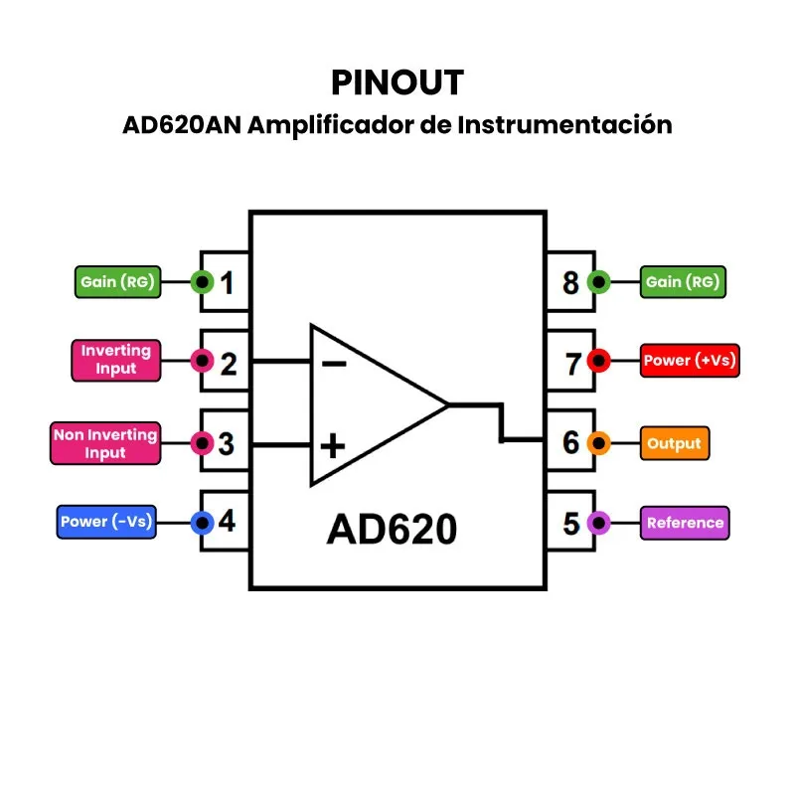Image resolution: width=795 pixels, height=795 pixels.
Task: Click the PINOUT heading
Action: point(397,82)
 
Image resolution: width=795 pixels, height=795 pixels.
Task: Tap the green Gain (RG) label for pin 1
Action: point(117,282)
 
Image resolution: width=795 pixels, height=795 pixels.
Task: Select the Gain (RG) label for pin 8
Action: point(683,282)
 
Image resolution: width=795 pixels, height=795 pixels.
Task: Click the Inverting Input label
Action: point(115,360)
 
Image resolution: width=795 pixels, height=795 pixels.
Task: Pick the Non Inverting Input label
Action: point(104,443)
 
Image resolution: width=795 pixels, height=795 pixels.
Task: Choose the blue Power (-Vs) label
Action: point(106,522)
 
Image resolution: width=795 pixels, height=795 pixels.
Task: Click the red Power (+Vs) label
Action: point(690,361)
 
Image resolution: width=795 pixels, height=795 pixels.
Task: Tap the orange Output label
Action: point(675,443)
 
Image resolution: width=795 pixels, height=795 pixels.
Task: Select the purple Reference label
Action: point(686,523)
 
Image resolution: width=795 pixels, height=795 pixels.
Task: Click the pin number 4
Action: point(228,521)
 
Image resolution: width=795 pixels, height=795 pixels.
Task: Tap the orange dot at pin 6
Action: point(599,443)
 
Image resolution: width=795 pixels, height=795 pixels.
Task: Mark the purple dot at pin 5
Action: point(599,522)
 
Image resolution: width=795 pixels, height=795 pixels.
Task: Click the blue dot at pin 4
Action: point(203,522)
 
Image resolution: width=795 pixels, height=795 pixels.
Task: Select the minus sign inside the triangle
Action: point(333,364)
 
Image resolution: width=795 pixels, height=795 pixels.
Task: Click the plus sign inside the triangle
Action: point(333,445)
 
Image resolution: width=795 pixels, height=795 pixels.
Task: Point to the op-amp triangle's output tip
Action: point(448,404)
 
